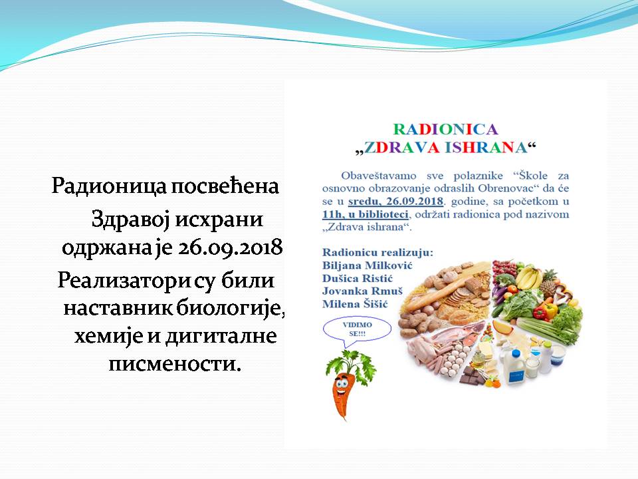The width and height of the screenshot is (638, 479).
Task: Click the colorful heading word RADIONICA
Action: (445, 129)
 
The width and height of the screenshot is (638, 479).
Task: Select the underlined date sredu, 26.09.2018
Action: (395, 201)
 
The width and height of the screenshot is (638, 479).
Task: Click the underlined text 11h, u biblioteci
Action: (365, 214)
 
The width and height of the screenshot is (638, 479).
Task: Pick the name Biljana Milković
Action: (368, 265)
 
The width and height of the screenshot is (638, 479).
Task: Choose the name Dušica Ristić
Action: (358, 279)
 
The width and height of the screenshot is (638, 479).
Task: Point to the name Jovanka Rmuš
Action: (362, 291)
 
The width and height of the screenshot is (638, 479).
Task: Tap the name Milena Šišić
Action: (355, 304)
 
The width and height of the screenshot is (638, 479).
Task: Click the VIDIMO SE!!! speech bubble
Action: (357, 329)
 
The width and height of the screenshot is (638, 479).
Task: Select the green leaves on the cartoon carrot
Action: (352, 365)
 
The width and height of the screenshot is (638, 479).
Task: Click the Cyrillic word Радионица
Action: (109, 186)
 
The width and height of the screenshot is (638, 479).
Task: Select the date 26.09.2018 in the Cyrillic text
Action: (230, 247)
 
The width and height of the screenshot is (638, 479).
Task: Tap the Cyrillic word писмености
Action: (175, 363)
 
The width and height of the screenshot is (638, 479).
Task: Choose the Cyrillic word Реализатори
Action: (124, 280)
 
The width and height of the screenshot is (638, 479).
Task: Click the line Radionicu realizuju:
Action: (378, 253)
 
